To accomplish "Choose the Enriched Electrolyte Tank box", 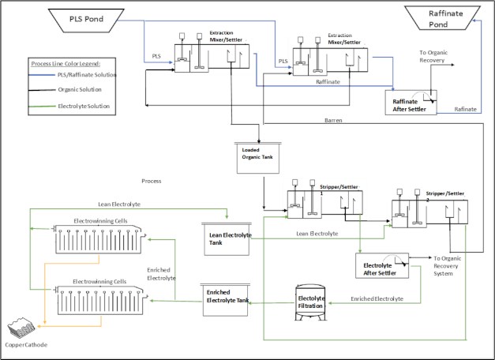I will click(x=227, y=298).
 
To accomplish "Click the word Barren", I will click(x=332, y=121).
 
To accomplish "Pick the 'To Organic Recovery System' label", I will click(x=457, y=262).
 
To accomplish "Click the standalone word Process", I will click(x=151, y=181).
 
